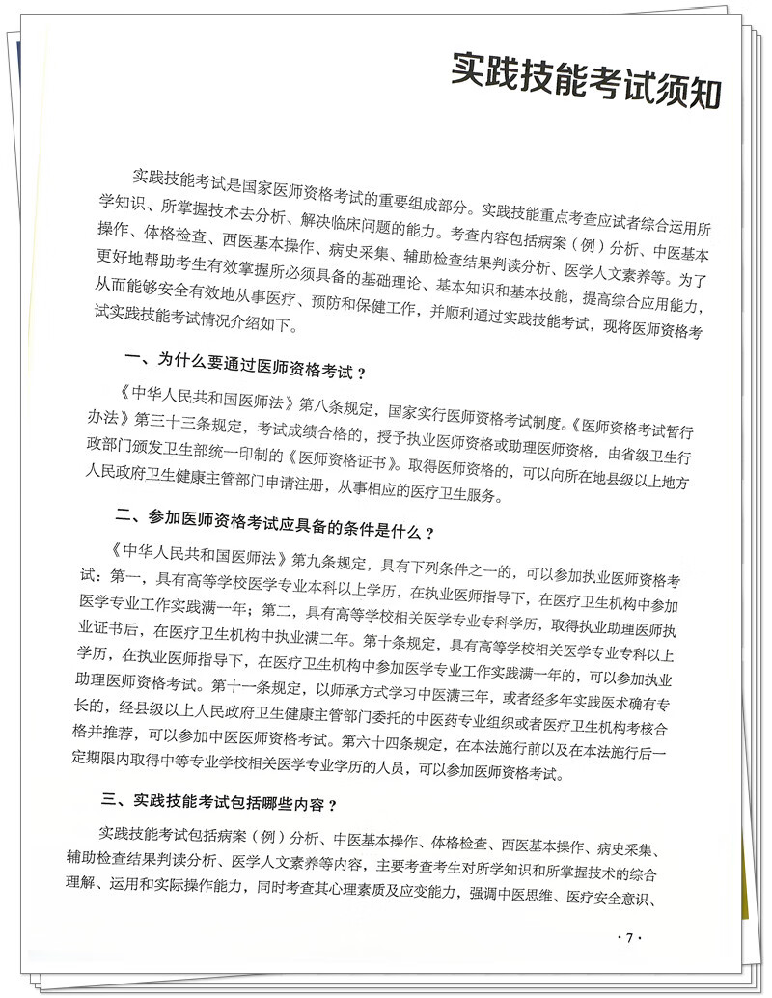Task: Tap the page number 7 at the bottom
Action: (629, 938)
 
